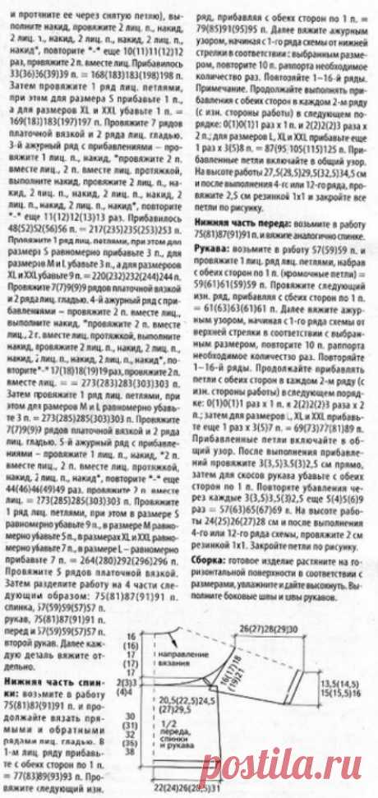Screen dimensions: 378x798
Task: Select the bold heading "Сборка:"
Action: pos(212,556)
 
